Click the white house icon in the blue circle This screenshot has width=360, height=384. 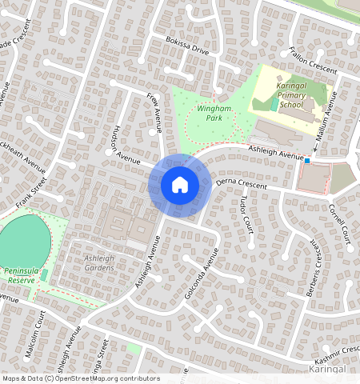tap(180, 185)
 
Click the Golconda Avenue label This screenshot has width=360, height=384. tap(202, 273)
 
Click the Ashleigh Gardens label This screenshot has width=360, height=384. tap(100, 262)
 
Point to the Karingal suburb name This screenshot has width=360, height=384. tap(326, 370)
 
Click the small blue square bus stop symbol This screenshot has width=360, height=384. tap(306, 160)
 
